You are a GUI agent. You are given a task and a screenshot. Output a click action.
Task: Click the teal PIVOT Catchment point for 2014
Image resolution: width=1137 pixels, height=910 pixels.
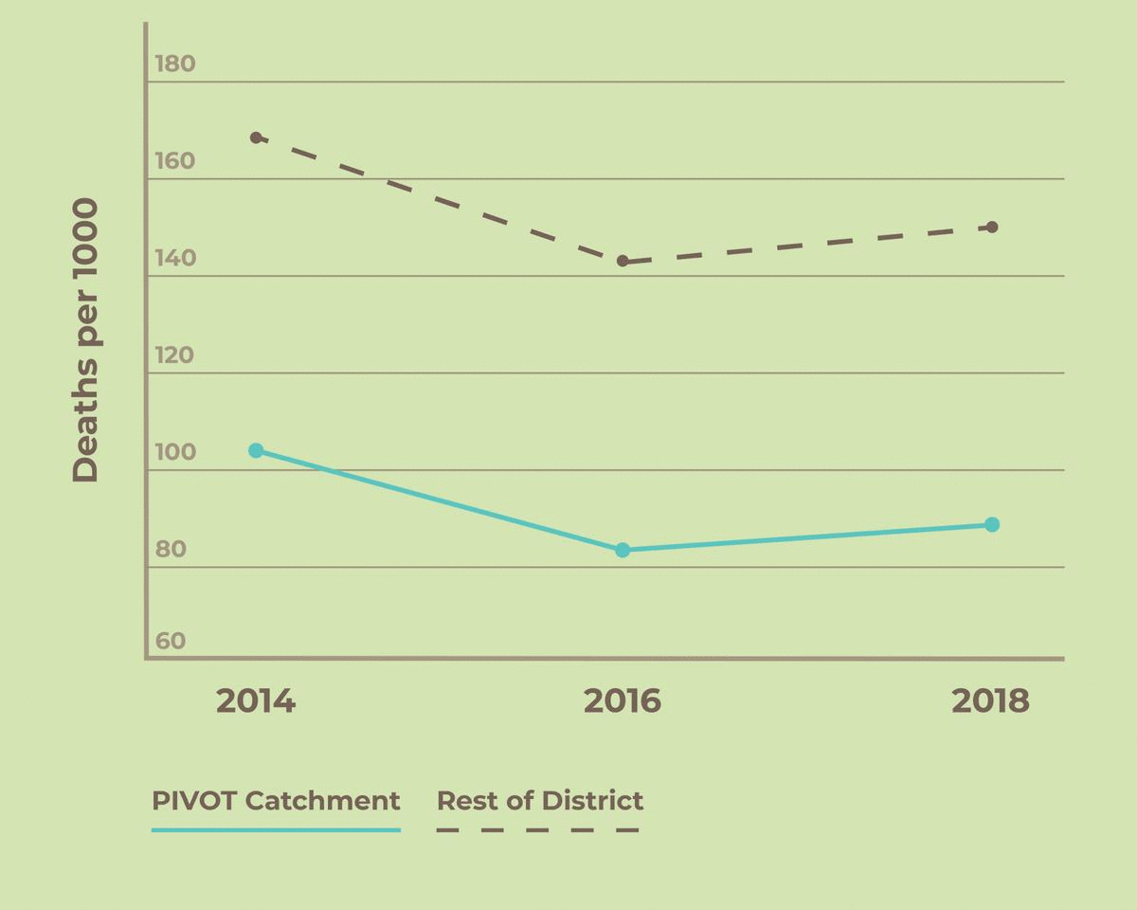point(256,450)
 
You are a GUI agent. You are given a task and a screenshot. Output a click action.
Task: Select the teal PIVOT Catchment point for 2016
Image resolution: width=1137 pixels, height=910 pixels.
point(623,550)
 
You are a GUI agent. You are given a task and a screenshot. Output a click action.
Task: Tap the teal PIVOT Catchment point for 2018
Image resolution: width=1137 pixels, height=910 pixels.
point(992,524)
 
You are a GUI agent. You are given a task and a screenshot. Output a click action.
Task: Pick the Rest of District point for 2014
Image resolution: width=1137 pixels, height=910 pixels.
point(256,137)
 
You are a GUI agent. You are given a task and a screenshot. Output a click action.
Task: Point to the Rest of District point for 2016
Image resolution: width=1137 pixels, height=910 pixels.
point(623,261)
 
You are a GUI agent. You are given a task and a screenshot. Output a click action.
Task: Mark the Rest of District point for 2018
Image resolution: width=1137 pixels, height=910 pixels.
point(992,227)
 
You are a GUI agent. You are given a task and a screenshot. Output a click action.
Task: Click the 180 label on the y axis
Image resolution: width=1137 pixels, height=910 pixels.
point(174,64)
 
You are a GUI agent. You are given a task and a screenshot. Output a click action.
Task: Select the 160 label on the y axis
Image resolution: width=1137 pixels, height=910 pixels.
point(174,161)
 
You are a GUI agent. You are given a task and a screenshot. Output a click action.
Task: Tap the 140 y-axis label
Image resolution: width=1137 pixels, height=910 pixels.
point(174,258)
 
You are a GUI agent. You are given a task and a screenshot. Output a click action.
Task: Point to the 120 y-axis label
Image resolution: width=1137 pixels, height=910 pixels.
point(174,355)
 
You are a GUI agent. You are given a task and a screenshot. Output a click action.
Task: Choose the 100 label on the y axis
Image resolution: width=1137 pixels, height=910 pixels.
point(174,452)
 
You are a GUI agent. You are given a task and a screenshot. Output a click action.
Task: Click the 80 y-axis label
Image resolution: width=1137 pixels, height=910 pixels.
point(171,550)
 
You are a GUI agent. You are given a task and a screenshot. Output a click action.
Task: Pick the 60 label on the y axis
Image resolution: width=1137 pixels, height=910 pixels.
point(171,641)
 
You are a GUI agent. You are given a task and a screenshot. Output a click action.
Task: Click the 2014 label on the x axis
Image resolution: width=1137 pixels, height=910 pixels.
point(256,701)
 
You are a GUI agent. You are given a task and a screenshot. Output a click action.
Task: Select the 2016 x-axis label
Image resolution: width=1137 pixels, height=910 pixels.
point(623,701)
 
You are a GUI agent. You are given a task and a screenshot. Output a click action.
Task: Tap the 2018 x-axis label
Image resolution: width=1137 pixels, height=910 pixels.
point(990,701)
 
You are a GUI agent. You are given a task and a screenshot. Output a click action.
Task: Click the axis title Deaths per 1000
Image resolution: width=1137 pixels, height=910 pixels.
point(85,340)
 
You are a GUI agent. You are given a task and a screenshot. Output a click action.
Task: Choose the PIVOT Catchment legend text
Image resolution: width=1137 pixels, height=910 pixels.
point(276,800)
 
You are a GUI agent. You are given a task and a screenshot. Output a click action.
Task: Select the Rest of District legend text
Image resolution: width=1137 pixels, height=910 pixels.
point(540,800)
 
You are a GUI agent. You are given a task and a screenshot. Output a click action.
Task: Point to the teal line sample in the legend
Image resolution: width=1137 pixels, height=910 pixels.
point(276,829)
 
